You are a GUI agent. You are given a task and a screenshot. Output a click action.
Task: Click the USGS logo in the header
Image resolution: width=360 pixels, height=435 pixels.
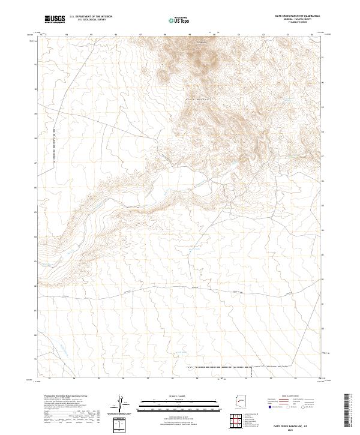(55, 19)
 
